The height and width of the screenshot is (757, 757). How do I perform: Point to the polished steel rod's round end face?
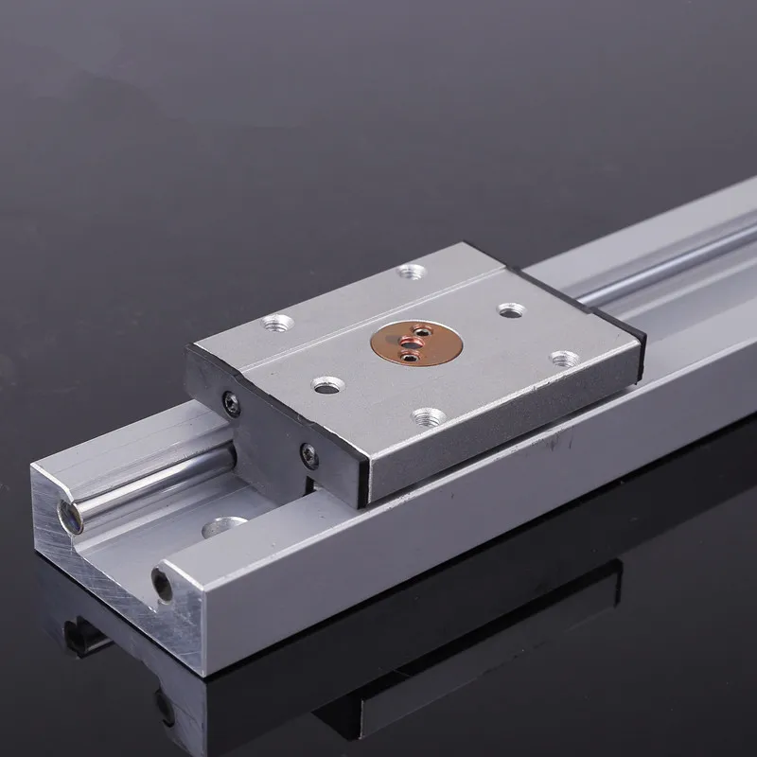click(x=70, y=516)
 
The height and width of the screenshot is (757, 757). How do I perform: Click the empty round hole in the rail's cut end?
click(x=163, y=584)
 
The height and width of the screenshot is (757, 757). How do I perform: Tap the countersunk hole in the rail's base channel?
click(x=225, y=525)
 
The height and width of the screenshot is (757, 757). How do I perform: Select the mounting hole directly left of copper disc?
click(x=328, y=384)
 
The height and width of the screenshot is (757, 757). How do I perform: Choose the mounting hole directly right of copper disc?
click(x=511, y=309)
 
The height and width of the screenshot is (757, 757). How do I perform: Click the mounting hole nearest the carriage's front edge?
click(x=428, y=416)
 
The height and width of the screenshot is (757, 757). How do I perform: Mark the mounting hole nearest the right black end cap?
click(x=565, y=359)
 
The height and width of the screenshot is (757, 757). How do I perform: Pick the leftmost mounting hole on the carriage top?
click(x=274, y=323)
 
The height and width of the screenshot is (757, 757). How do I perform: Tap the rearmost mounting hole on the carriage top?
click(x=411, y=273)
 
